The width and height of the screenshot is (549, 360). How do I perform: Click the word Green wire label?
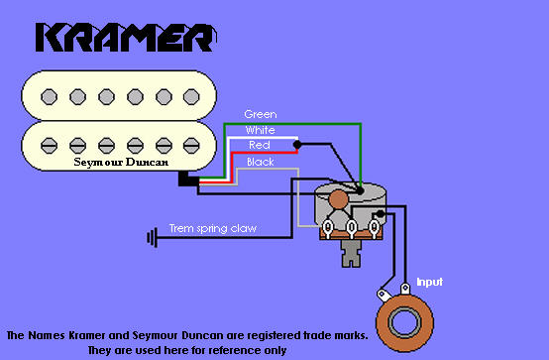click(x=260, y=114)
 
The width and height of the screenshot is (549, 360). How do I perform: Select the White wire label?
click(x=260, y=130)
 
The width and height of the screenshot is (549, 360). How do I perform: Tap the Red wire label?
click(x=259, y=145)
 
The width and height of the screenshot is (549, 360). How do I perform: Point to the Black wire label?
click(x=260, y=161)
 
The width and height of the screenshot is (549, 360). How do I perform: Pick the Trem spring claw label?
click(x=213, y=228)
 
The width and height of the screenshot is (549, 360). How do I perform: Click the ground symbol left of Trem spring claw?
click(x=152, y=237)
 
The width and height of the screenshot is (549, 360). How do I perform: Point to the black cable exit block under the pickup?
click(x=186, y=180)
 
